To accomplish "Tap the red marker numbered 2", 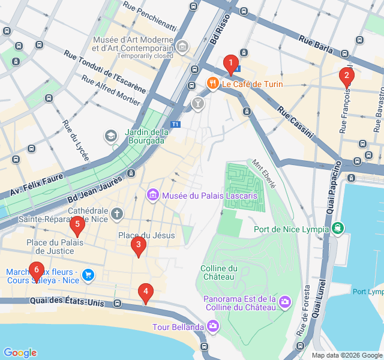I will tap(346, 76).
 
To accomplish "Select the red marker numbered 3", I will tap(139, 245).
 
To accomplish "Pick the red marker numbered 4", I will tap(145, 292).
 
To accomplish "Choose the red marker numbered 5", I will tap(77, 226).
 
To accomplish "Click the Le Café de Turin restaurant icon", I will tap(212, 84).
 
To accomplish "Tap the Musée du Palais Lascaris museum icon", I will tap(152, 196).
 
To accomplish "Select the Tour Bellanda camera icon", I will tap(212, 326).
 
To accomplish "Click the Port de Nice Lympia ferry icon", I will tap(339, 229).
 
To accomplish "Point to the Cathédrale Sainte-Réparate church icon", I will tap(117, 212).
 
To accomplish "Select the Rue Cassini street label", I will tap(295, 122).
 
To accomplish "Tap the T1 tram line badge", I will tap(175, 124).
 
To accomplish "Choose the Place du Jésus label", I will tap(146, 235).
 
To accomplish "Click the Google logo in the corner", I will tap(20, 352).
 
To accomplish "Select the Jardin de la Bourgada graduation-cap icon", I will tap(110, 136).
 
